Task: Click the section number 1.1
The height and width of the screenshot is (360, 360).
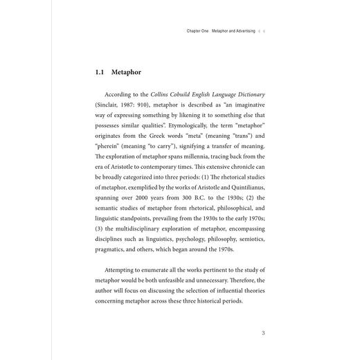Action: click(x=100, y=71)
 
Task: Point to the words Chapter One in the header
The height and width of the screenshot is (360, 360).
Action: click(x=199, y=31)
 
